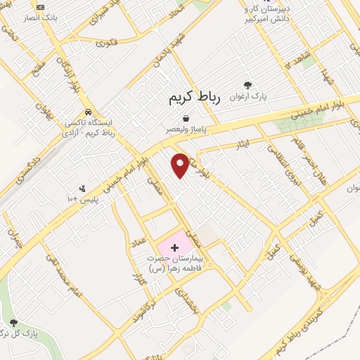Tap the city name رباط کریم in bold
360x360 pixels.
[195, 99]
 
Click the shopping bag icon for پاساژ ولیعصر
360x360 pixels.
[185, 119]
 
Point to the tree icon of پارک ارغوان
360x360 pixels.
[246, 84]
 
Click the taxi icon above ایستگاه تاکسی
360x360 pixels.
[87, 111]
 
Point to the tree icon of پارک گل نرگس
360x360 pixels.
[13, 323]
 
